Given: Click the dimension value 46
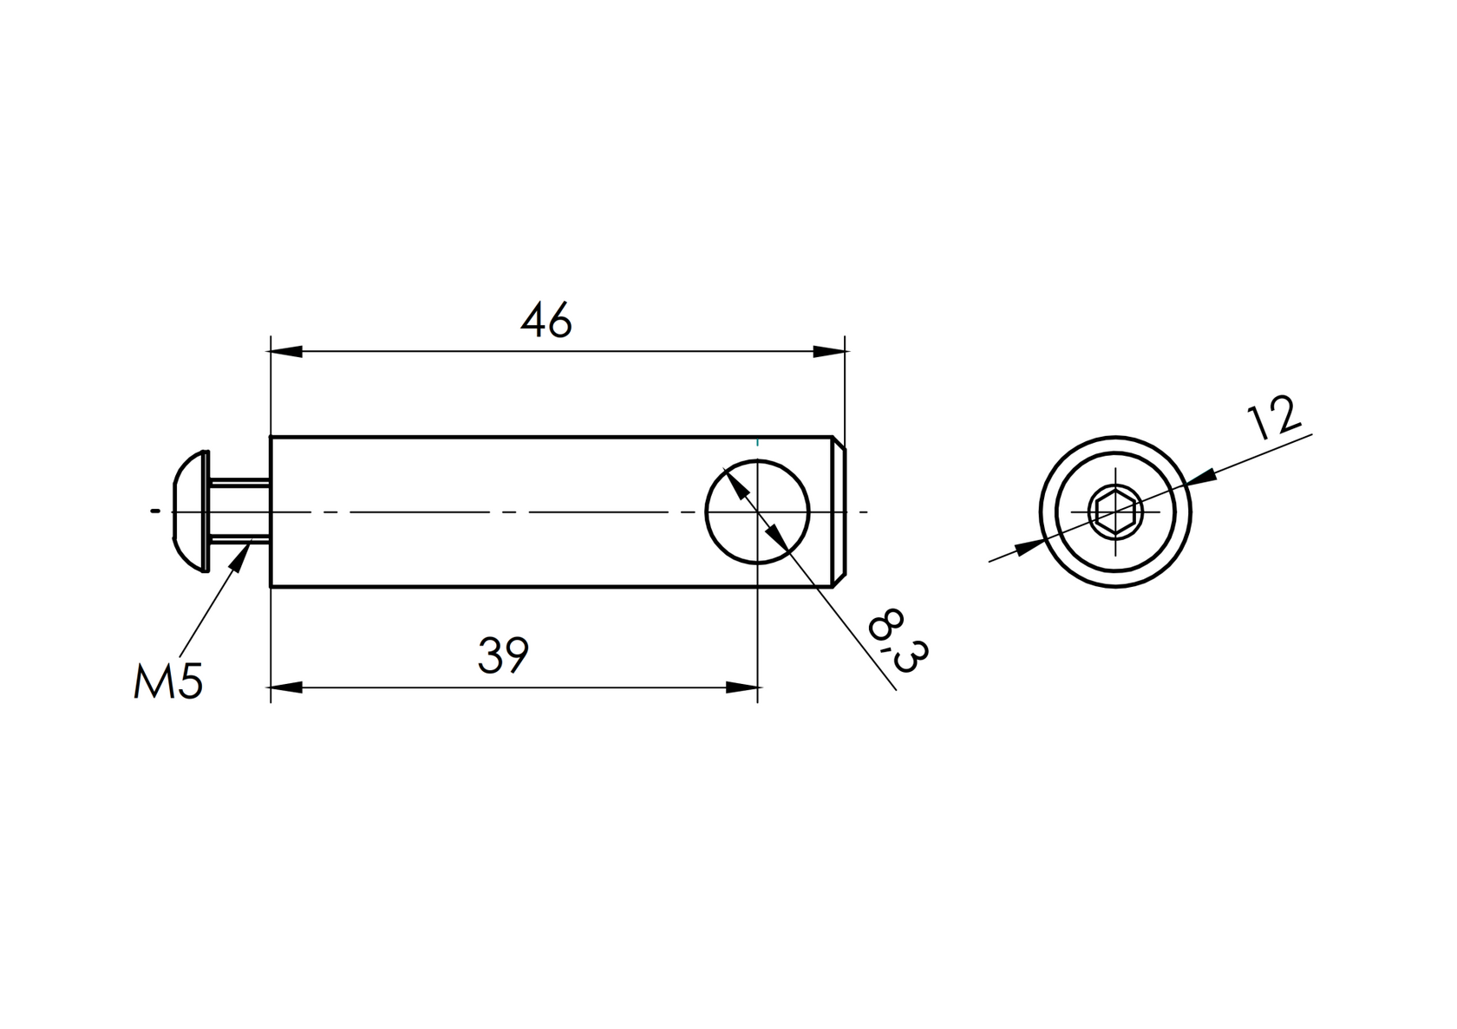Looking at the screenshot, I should (546, 322).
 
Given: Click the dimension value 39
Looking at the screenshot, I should (503, 656).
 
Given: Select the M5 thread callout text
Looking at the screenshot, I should (168, 681).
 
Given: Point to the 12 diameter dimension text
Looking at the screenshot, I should (1273, 419).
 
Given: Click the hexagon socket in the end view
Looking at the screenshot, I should (1114, 512).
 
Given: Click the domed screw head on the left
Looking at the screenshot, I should (190, 511).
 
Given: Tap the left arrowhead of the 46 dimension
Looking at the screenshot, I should (286, 352).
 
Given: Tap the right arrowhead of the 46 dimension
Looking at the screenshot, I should (828, 352).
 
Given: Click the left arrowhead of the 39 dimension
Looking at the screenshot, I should (286, 687).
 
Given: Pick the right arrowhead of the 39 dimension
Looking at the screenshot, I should (742, 687).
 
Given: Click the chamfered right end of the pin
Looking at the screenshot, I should (839, 511).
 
